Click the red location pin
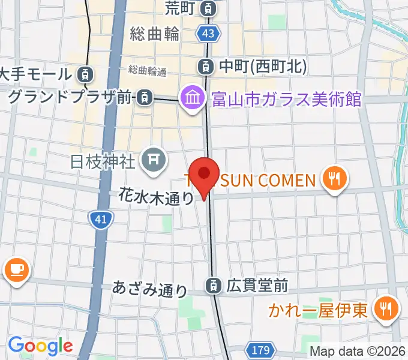tap(204, 175)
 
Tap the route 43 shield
tap(208, 34)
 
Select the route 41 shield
tap(100, 220)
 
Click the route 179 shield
tap(260, 349)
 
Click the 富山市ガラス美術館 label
tap(287, 98)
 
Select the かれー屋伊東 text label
tap(318, 310)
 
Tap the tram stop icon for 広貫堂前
tap(213, 286)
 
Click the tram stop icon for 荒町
tap(208, 8)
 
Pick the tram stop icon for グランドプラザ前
tap(143, 97)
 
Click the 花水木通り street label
tap(155, 196)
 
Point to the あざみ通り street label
tap(149, 289)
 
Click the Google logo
tap(40, 346)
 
